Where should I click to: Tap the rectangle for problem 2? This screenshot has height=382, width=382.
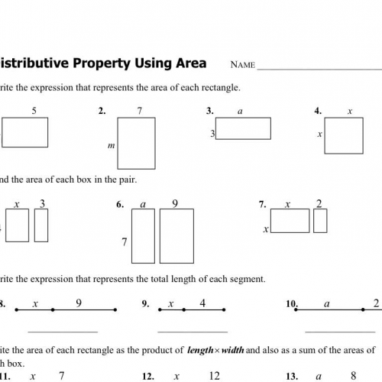tap(136, 142)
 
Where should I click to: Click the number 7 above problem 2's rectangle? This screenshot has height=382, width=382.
tap(140, 112)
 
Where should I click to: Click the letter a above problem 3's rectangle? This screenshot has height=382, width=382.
tap(240, 112)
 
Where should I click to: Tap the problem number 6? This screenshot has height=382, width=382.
tap(120, 205)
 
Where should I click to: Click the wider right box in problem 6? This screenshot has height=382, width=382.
tap(176, 236)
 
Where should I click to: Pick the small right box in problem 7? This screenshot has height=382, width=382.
tap(320, 221)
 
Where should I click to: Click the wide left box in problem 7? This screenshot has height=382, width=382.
tap(290, 221)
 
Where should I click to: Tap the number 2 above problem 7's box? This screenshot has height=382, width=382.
tap(319, 204)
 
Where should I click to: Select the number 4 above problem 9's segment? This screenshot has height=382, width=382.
tap(202, 303)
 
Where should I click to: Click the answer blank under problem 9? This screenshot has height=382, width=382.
tap(193, 332)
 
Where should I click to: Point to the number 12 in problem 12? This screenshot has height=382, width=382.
tap(213, 376)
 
